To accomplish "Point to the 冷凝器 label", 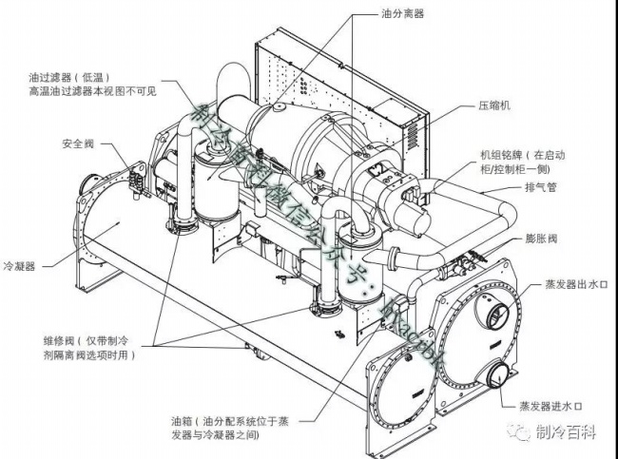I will pos(20,267).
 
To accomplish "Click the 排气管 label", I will pos(537,188).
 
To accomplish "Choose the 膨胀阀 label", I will pos(537,240).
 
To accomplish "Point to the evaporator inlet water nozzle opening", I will pos(495,377).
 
